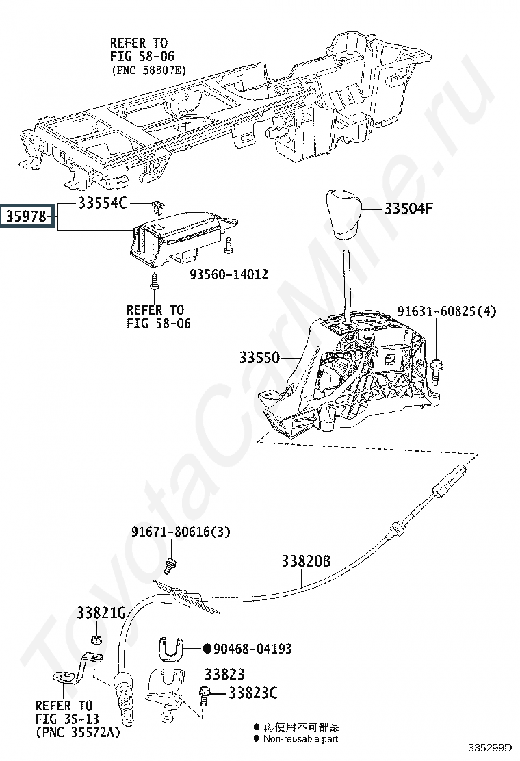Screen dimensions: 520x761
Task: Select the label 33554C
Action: pos(103,203)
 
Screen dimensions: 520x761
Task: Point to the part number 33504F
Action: pos(408,209)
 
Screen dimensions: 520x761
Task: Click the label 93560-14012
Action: pos(229,274)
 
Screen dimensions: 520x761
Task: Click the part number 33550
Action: pos(259,358)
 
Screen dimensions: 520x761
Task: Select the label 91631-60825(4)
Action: pos(447,311)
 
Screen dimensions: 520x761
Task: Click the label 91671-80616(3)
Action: pos(181,532)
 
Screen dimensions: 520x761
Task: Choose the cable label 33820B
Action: pos(306,561)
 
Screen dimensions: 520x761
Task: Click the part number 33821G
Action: pos(101,613)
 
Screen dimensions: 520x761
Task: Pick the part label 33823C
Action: pos(252,693)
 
